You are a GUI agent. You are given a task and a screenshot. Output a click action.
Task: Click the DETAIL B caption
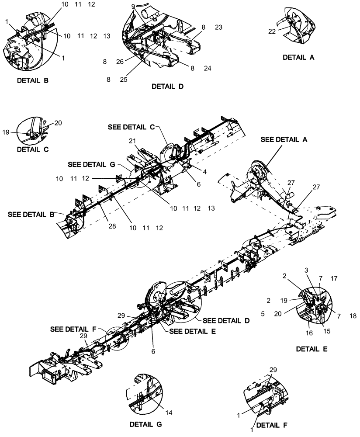(x=33, y=81)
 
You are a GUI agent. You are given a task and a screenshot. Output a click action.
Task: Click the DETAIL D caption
(x=167, y=87)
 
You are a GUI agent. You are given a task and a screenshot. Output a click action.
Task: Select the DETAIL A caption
(x=299, y=57)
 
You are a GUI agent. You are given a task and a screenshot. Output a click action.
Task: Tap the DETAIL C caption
(x=33, y=149)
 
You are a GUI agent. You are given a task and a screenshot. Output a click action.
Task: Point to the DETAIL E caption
(x=312, y=349)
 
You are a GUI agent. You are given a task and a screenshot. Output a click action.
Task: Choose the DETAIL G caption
(x=146, y=424)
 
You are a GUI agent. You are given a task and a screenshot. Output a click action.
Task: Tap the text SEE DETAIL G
(x=92, y=164)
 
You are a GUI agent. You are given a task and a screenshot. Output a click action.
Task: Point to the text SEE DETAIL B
(x=31, y=215)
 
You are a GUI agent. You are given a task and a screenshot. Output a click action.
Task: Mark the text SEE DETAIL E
(x=191, y=331)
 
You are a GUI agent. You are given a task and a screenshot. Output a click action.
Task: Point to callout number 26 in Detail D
(x=120, y=62)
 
